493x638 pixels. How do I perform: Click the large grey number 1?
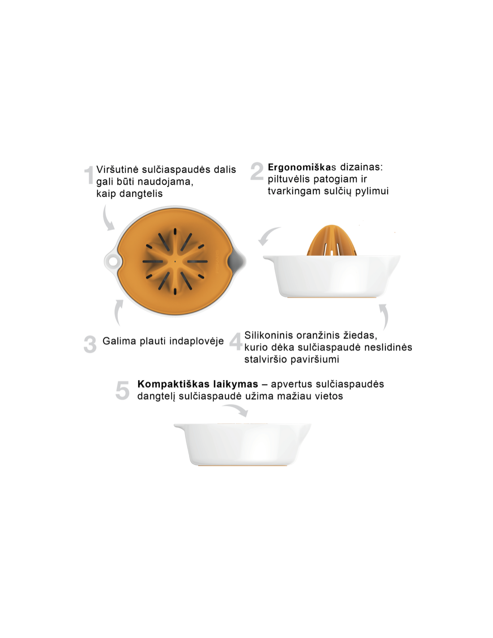(x=89, y=175)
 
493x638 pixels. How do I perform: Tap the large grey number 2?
(x=257, y=171)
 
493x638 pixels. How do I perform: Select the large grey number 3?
(x=90, y=344)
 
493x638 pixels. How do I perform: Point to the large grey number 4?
(x=235, y=341)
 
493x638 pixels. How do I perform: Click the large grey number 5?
(x=122, y=390)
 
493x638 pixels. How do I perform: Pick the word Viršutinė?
(x=117, y=170)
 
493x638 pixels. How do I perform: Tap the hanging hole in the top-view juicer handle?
(x=112, y=260)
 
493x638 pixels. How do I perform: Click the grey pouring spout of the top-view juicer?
(x=238, y=261)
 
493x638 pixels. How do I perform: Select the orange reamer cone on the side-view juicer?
(x=331, y=240)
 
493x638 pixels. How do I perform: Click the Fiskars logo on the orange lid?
(x=218, y=262)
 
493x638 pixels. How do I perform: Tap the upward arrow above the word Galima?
(x=118, y=312)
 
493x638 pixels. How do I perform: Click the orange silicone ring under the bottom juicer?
(x=242, y=466)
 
